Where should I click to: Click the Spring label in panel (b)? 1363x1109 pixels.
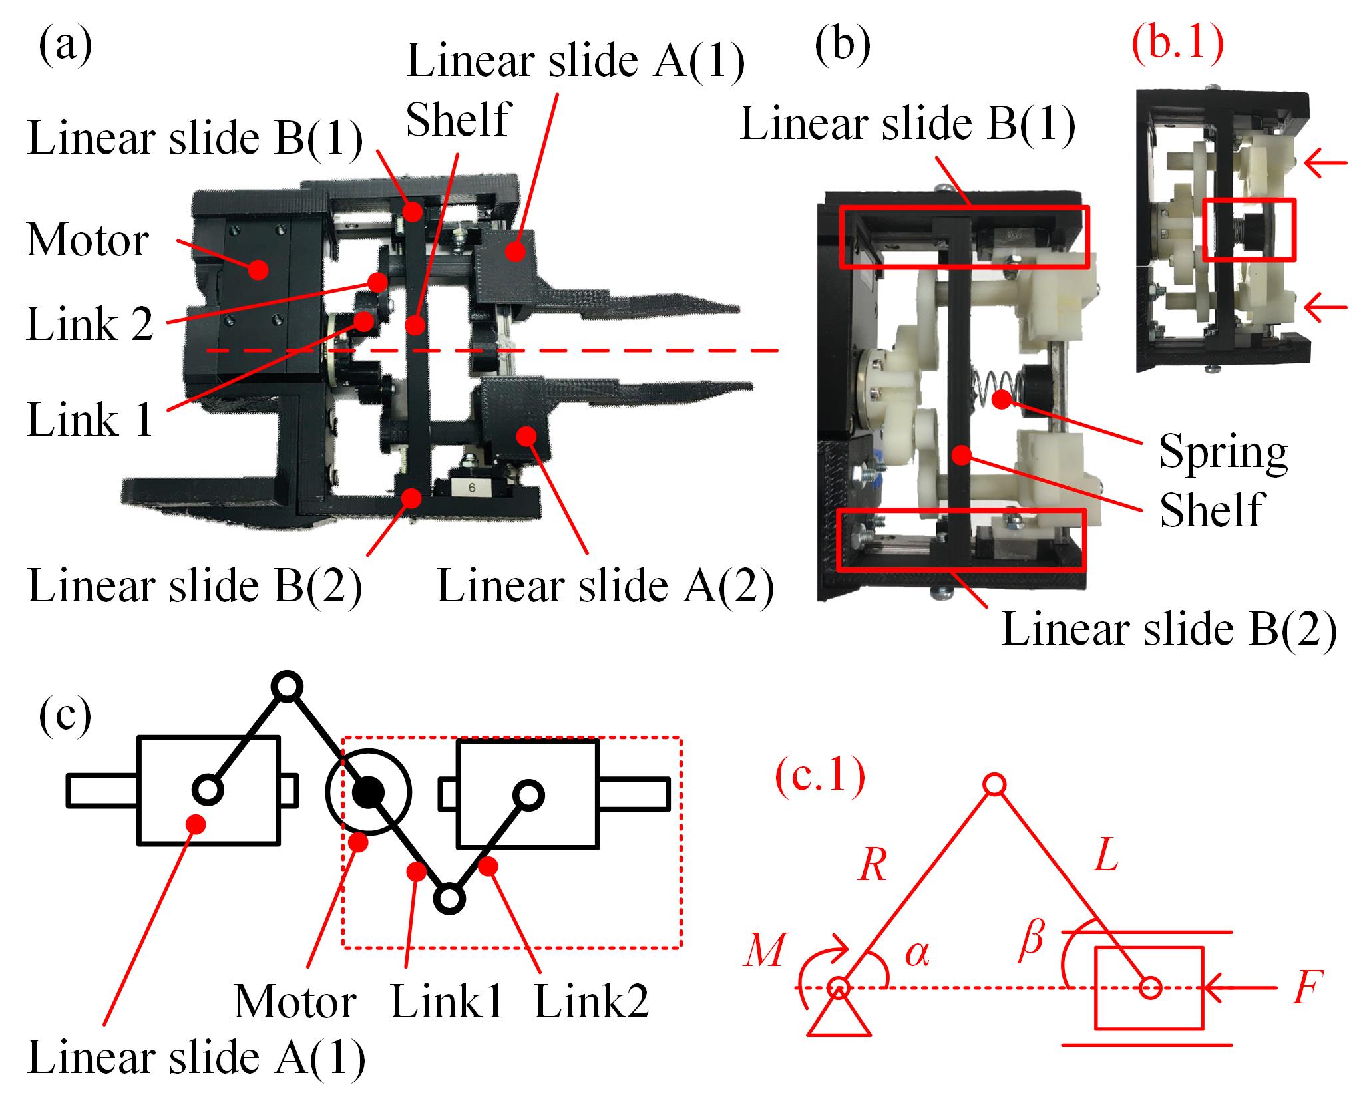pos(1223,452)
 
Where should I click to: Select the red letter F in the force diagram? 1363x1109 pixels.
pos(1306,989)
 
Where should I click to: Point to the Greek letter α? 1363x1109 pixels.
pos(916,955)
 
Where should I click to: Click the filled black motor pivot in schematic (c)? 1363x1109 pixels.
pos(368,792)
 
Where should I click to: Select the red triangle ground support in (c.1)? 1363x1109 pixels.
pos(839,1021)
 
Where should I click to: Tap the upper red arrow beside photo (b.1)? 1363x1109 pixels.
pos(1325,163)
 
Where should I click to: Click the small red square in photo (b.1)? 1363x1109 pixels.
pos(1249,228)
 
